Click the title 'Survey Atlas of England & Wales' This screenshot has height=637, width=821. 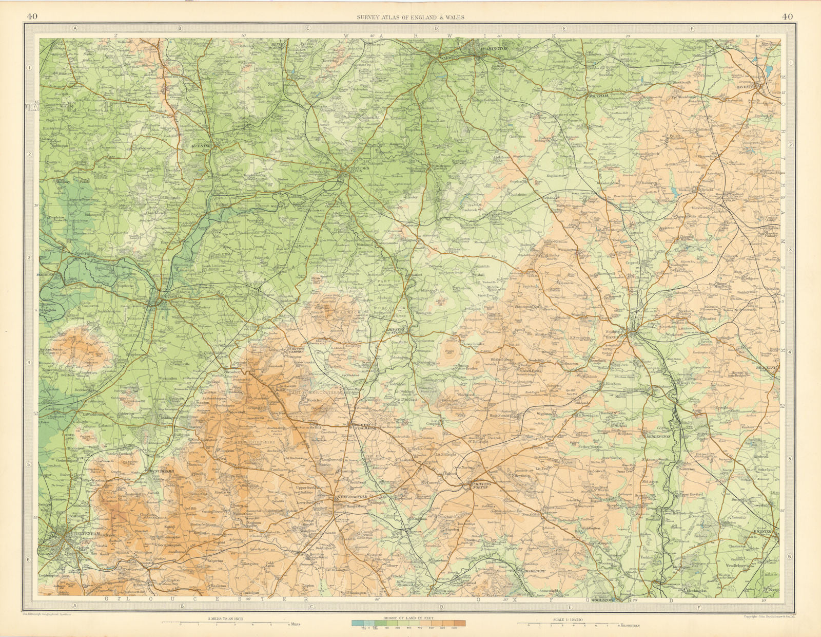tap(411, 17)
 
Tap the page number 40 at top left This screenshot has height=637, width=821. tap(32, 16)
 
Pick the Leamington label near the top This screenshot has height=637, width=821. tap(493, 49)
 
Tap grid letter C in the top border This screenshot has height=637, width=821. tap(308, 29)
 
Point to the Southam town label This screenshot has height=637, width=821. tap(598, 96)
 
